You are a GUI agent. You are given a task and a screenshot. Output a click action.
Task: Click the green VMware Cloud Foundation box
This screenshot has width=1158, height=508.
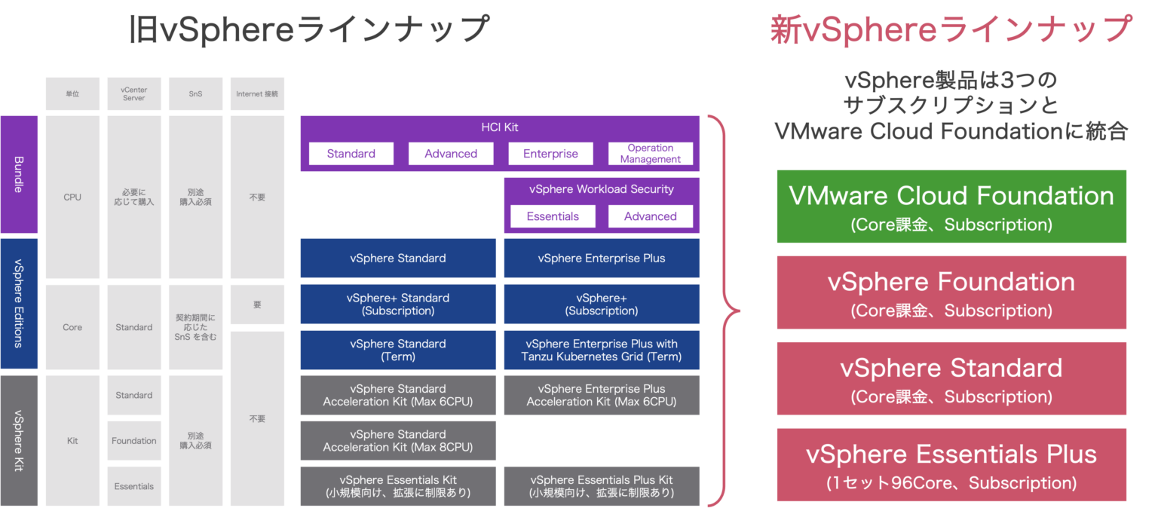[951, 207]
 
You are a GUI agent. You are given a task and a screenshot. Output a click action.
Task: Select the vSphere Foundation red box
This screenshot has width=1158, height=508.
[951, 292]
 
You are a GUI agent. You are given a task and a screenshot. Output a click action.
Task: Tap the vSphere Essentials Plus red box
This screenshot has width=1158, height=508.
[951, 465]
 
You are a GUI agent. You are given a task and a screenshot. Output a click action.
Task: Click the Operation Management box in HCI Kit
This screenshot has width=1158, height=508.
[651, 154]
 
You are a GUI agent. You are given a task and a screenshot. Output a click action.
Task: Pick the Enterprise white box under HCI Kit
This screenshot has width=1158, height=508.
[550, 154]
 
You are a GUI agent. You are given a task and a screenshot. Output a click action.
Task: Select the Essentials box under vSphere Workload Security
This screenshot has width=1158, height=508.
[553, 216]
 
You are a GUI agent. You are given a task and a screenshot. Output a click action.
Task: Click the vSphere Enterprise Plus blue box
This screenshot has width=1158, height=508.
[602, 259]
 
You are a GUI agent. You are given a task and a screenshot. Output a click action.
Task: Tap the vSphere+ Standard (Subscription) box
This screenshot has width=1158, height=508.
[398, 304]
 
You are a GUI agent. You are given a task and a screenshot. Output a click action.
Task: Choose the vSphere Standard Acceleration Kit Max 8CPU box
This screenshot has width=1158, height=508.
[398, 441]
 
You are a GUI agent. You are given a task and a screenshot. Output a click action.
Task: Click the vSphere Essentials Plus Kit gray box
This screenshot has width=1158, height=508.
[602, 486]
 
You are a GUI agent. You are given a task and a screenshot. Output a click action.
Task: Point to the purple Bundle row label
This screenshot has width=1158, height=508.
[19, 174]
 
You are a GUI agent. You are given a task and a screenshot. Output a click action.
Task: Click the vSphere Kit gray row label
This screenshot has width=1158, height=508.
[19, 441]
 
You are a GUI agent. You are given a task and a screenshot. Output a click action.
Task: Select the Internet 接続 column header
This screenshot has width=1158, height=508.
[257, 94]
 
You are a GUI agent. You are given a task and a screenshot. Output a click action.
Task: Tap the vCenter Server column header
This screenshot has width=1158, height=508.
[134, 94]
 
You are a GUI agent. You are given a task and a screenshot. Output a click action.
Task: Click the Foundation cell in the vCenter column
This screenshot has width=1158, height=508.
[134, 441]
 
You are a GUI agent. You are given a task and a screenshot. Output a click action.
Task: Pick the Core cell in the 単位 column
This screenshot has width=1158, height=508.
[72, 327]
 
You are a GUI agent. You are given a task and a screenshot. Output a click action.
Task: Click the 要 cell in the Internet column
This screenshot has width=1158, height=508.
[257, 304]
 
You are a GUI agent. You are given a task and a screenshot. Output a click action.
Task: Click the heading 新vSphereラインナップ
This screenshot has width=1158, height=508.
[951, 31]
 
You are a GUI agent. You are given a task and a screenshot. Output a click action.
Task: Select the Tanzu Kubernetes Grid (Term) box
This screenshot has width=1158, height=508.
[602, 350]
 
